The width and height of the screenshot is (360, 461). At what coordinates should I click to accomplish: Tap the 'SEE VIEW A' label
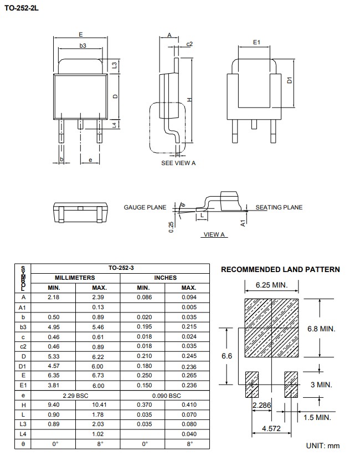178,163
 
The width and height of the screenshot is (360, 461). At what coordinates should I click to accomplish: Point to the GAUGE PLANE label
145,207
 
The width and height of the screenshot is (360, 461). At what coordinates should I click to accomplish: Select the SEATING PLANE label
279,207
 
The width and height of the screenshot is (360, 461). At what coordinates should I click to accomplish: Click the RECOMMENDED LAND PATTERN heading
280,270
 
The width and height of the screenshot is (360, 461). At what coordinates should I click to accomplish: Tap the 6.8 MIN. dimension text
321,329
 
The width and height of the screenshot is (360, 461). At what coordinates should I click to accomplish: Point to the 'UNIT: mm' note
322,445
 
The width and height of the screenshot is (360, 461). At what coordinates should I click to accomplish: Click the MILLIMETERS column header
75,278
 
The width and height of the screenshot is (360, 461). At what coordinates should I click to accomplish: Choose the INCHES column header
166,278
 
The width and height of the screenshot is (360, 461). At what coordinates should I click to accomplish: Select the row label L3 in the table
23,424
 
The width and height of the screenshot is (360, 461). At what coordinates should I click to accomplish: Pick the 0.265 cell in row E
189,375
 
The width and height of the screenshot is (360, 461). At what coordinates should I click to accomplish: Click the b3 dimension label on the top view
83,46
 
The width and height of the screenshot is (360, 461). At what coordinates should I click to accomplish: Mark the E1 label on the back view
256,42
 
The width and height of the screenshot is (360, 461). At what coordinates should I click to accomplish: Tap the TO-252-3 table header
120,268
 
